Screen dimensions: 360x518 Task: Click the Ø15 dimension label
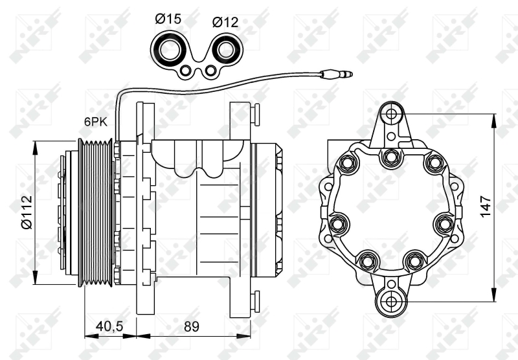tap(168, 19)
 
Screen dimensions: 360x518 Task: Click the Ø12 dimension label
tap(225, 22)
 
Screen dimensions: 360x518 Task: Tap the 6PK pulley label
tap(95, 120)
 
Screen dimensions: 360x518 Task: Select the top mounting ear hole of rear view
tap(390, 115)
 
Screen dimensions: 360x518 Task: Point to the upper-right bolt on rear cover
tap(432, 163)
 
